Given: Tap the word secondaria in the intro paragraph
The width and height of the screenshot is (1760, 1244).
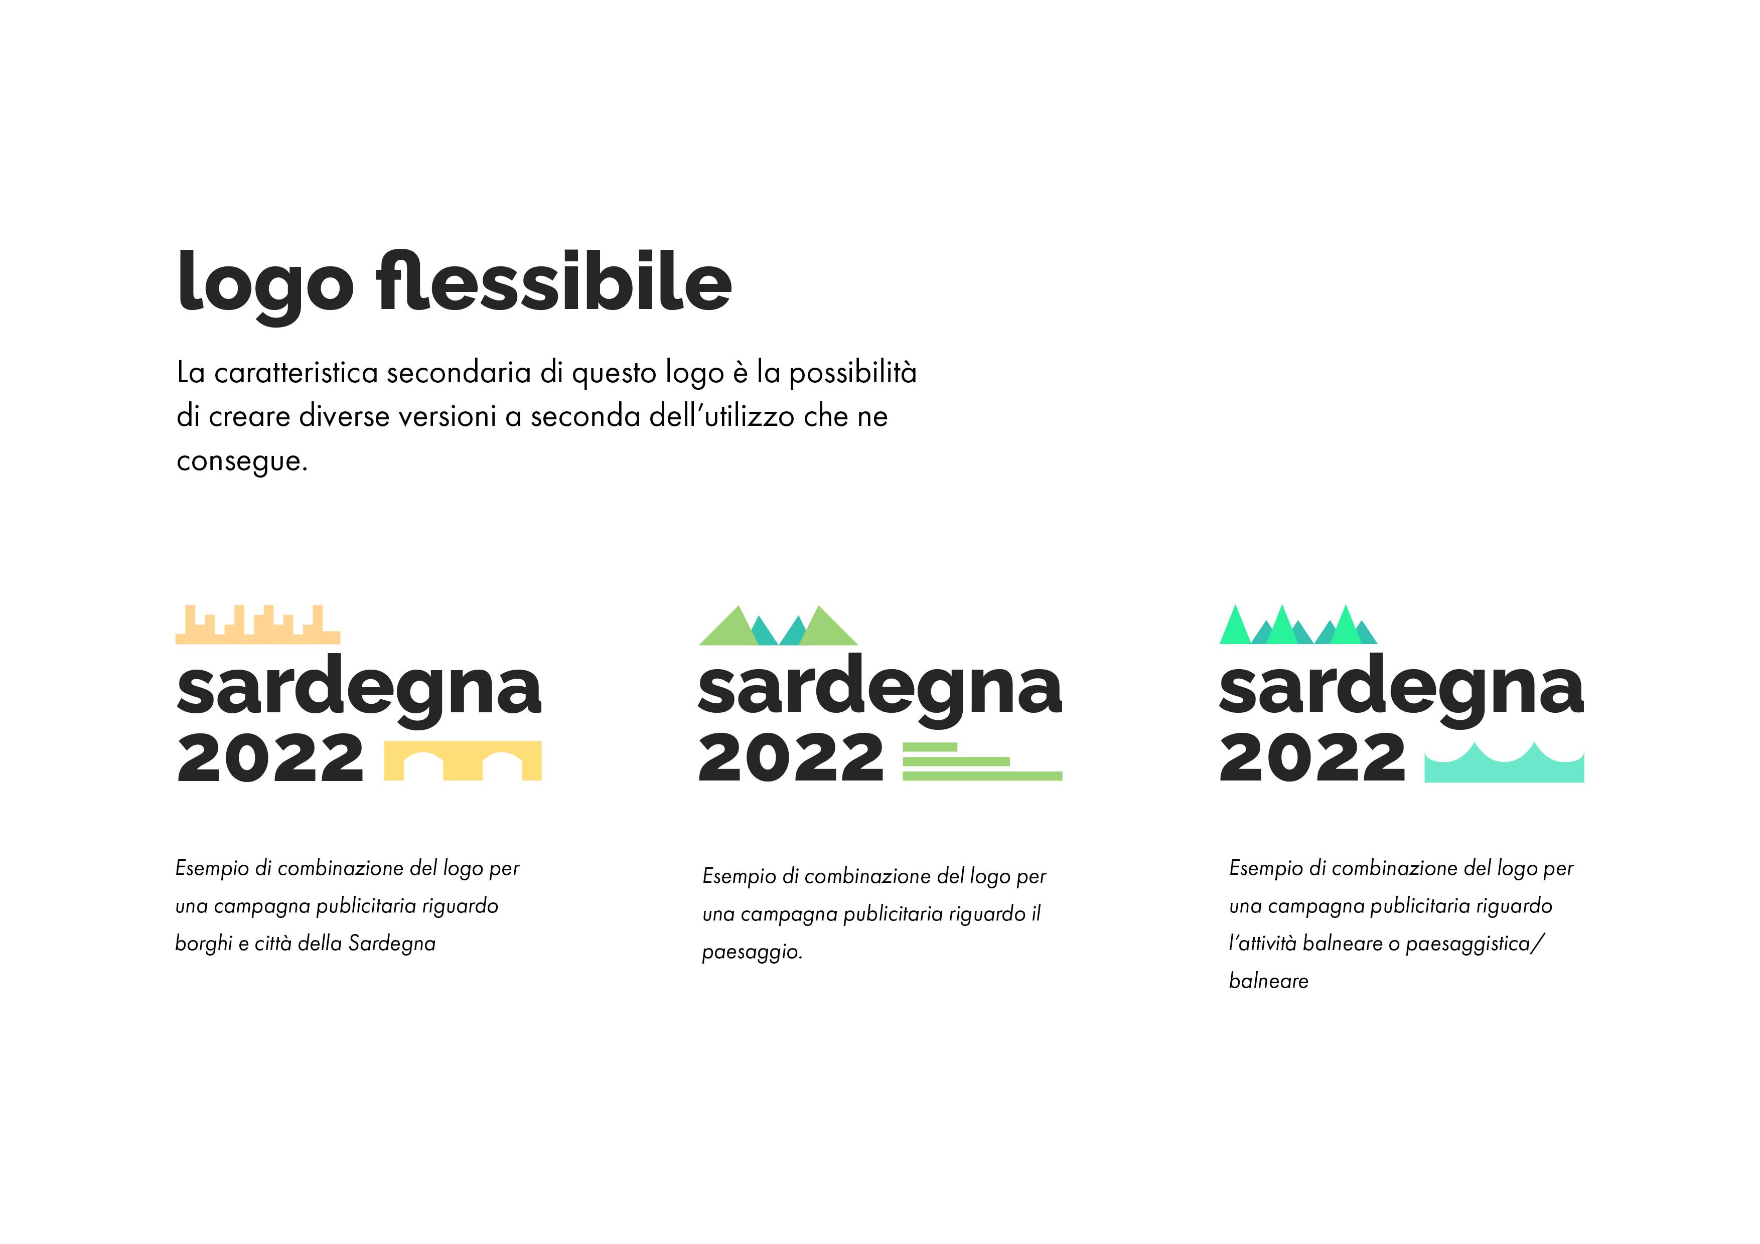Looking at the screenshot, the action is coord(459,373).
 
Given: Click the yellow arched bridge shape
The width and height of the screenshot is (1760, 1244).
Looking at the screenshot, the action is coord(463,761).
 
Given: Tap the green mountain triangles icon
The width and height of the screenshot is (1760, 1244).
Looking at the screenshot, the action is coord(778,626).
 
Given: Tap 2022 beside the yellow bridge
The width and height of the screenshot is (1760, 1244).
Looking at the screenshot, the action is coord(270,757).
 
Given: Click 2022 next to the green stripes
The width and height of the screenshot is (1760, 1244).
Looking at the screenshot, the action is coord(791,757).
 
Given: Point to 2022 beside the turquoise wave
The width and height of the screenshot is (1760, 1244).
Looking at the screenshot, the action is coord(1312,757).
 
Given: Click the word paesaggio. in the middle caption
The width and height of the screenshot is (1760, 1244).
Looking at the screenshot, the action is coord(752,953).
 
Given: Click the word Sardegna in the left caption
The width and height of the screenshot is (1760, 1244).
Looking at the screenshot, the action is coord(392,944).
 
